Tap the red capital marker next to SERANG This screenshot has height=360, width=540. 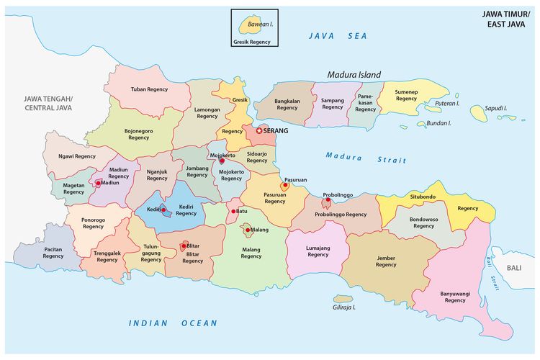pos(259,131)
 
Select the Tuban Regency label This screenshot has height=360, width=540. pos(149,90)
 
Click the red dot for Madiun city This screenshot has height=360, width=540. pos(98,184)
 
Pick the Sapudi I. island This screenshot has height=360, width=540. pos(478,112)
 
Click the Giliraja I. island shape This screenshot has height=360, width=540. pos(343,298)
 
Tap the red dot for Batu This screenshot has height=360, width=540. pos(233,212)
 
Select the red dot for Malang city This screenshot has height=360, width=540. pos(248,230)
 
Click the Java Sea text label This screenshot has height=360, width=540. pos(337,36)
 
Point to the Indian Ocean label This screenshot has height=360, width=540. pos(173,323)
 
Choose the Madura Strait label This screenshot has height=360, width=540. pos(356,157)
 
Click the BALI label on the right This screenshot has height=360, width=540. pos(513,268)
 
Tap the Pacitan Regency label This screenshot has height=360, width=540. pos(53,252)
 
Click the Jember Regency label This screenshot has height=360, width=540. pos(386,261)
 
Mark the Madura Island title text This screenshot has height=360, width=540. pos(354,74)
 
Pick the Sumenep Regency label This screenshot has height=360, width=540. pos(406,94)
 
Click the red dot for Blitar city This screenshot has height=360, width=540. pos(184,246)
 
